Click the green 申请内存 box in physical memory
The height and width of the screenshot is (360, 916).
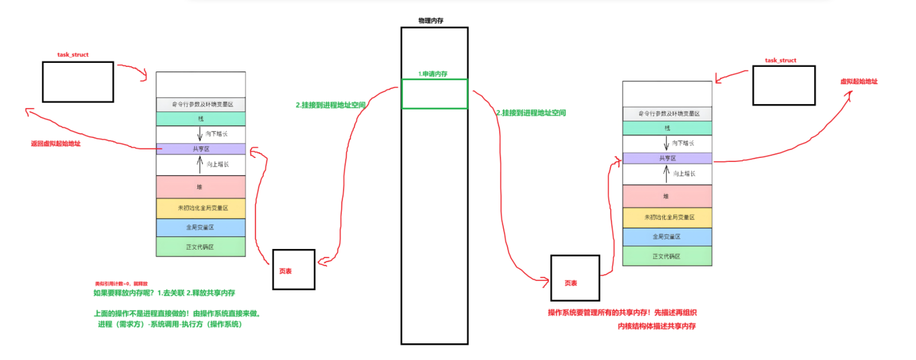pyautogui.click(x=435, y=94)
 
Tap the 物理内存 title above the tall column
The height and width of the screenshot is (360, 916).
pyautogui.click(x=431, y=21)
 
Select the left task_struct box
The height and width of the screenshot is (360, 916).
pyautogui.click(x=78, y=82)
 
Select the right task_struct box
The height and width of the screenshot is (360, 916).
pyautogui.click(x=783, y=85)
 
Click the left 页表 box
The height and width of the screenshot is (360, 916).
pyautogui.click(x=293, y=270)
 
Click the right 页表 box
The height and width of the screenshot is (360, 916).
pyautogui.click(x=575, y=278)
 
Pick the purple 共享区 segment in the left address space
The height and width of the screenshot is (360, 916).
pyautogui.click(x=200, y=149)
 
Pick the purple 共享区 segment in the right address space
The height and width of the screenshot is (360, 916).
pyautogui.click(x=667, y=158)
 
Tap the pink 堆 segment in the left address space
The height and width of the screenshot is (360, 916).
pyautogui.click(x=200, y=187)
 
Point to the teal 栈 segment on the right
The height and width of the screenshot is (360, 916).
pyautogui.click(x=667, y=128)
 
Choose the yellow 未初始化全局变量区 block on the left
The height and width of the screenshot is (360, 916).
pyautogui.click(x=200, y=208)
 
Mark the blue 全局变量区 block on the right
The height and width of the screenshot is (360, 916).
pyautogui.click(x=667, y=236)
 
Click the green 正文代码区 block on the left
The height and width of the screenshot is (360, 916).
pyautogui.click(x=200, y=247)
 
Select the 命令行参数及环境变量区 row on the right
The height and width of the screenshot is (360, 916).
pyautogui.click(x=667, y=113)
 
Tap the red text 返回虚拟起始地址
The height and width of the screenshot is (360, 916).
pyautogui.click(x=56, y=144)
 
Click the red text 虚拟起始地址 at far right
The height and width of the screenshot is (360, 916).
pyautogui.click(x=858, y=81)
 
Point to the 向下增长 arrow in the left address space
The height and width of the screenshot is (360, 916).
pyautogui.click(x=200, y=133)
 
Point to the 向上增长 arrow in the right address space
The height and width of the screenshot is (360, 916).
pyautogui.click(x=666, y=173)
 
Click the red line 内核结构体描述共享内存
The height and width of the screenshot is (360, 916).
pyautogui.click(x=656, y=326)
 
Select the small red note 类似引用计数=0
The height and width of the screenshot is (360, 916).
pyautogui.click(x=121, y=283)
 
